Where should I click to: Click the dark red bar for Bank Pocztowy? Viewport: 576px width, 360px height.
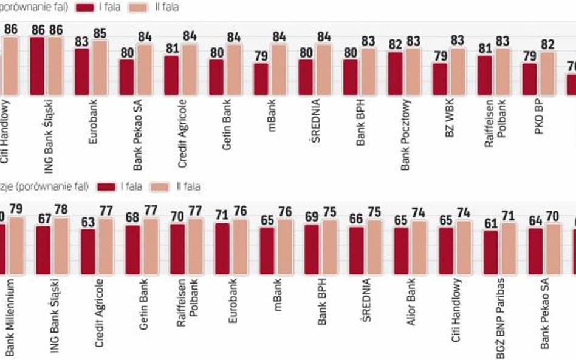(x=396, y=73)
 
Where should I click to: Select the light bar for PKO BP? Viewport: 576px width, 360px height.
(x=547, y=73)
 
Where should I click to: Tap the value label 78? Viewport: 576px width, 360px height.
(x=62, y=209)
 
